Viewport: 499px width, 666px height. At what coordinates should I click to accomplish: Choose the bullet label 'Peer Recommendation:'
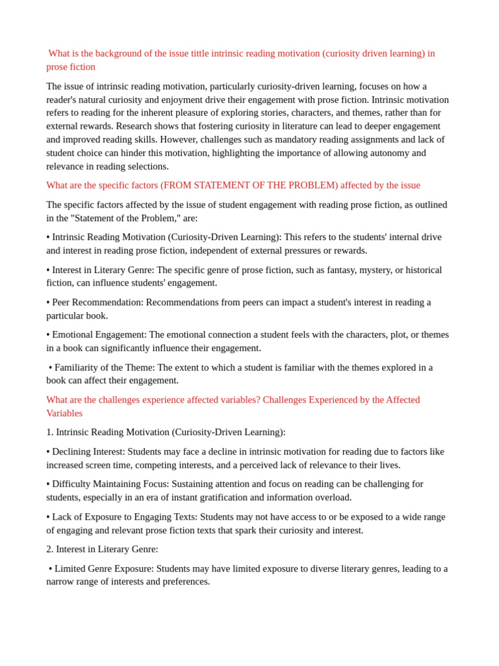point(97,302)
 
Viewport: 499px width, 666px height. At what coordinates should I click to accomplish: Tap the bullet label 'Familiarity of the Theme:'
point(105,367)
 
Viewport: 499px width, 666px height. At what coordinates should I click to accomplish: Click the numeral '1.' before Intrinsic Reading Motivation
point(50,432)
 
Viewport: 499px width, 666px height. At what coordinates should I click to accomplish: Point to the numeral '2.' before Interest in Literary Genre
point(50,549)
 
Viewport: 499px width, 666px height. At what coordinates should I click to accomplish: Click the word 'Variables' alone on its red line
point(64,413)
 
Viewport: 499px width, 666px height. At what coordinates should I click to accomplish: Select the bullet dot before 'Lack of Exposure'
point(48,517)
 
